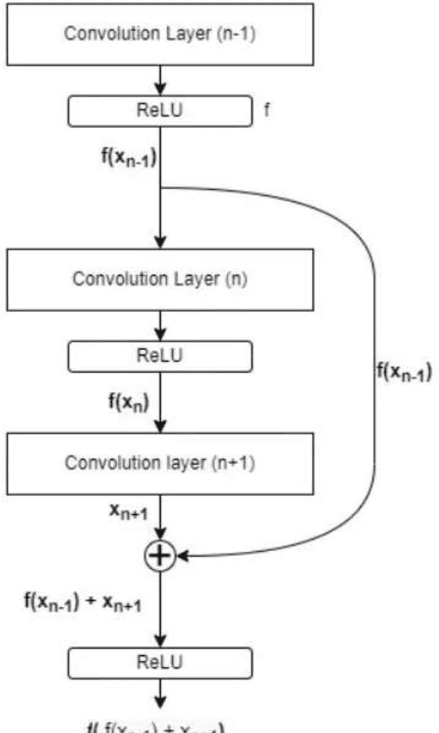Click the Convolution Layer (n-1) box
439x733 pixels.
[160, 34]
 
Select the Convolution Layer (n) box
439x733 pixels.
[160, 279]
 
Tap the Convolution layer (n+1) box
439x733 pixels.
[160, 463]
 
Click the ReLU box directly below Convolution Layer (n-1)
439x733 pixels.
[160, 110]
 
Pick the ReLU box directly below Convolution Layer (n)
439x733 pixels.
[160, 356]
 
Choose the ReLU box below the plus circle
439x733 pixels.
[160, 662]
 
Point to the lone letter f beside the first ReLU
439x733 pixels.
[266, 110]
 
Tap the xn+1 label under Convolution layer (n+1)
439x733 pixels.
[128, 513]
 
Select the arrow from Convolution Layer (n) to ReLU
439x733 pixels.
[161, 325]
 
